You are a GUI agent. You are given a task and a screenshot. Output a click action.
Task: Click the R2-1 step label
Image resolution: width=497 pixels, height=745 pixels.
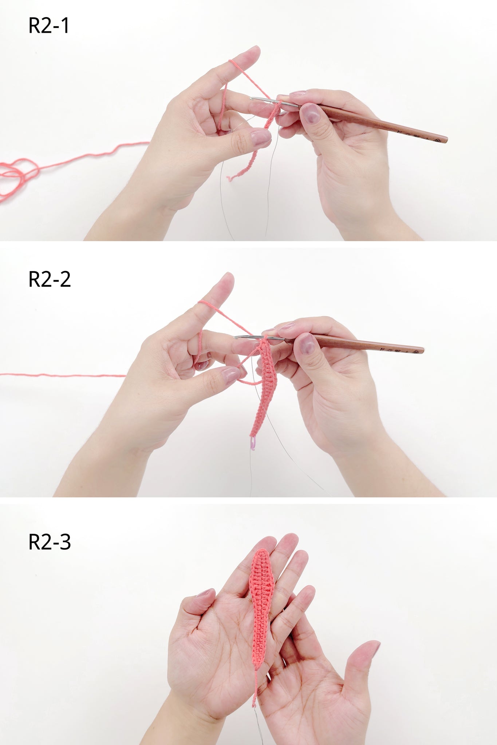49,26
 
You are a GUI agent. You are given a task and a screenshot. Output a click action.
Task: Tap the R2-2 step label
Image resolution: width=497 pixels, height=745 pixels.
50,279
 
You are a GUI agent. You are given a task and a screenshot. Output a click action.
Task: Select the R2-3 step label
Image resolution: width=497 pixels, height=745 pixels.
50,542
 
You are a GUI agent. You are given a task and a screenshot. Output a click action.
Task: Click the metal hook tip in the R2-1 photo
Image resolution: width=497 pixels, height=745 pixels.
252,98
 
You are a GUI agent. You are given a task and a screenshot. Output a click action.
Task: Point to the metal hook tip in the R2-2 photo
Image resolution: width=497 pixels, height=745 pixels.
236,337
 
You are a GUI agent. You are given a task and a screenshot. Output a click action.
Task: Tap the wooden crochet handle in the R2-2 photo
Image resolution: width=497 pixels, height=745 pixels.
368,344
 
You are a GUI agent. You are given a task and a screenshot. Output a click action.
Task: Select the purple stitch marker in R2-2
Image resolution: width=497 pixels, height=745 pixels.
253,443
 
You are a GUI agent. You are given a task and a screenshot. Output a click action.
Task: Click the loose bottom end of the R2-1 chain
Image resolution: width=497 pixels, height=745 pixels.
230,178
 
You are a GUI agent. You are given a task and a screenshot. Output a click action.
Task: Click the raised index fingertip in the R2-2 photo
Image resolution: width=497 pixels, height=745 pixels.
225,280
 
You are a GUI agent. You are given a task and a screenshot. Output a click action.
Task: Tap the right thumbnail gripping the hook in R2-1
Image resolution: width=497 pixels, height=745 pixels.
311,113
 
